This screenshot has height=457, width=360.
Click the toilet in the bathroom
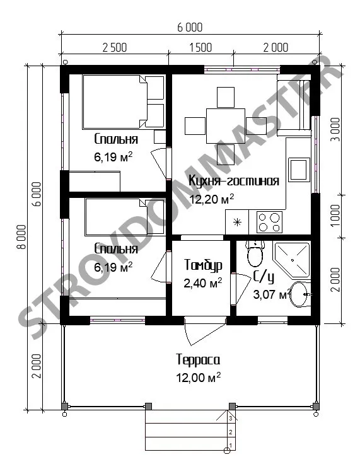(255, 253)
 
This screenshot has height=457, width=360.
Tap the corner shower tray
(291, 260)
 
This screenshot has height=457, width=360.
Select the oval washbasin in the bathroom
(301, 294)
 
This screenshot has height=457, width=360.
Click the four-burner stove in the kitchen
(269, 222)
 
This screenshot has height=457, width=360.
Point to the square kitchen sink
(299, 170)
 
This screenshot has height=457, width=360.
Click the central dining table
(225, 126)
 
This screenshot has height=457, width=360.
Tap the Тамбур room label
(203, 265)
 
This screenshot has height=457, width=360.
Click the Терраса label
(198, 360)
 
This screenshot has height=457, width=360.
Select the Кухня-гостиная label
(234, 181)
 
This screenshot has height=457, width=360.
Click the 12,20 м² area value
(212, 199)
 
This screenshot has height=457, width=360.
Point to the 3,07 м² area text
(272, 294)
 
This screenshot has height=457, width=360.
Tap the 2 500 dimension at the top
(115, 47)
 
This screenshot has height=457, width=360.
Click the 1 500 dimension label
(200, 47)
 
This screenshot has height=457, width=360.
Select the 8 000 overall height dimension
(22, 236)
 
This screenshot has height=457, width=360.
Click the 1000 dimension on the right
(336, 216)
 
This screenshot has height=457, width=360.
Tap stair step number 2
(231, 432)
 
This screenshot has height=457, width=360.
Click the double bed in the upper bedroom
(124, 101)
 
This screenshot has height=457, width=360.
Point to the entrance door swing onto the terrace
(205, 332)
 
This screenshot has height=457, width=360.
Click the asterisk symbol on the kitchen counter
(237, 223)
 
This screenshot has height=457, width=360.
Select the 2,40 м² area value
(203, 283)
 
